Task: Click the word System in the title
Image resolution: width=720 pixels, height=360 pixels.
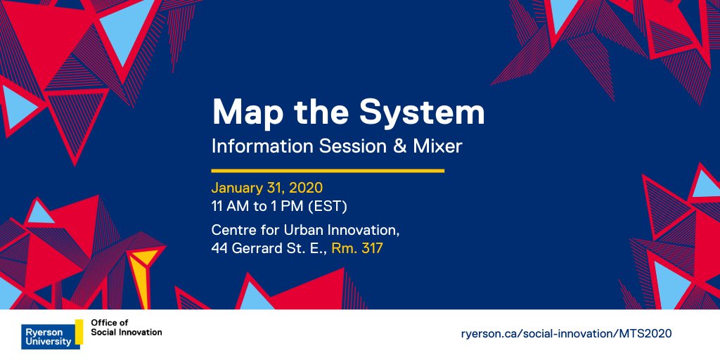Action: (422, 113)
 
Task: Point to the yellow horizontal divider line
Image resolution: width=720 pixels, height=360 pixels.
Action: (328, 171)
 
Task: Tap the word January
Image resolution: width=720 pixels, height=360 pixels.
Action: (237, 188)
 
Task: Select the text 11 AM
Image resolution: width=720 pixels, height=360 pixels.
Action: (229, 207)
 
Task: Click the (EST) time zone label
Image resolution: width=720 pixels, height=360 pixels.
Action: (328, 207)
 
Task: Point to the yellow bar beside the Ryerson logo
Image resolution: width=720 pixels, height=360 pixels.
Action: (79, 332)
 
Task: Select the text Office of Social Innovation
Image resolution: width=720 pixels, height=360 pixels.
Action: (127, 327)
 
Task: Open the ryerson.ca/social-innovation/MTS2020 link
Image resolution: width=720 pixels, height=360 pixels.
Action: (566, 334)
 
